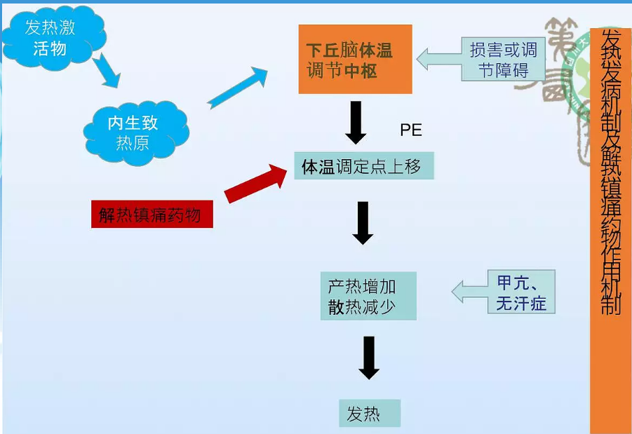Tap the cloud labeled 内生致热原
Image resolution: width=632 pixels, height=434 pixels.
[133, 133]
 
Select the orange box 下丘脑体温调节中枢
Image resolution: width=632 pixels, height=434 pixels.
[355, 60]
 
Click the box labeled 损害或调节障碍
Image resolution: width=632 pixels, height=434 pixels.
[503, 60]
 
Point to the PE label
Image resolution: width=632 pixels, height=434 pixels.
[411, 130]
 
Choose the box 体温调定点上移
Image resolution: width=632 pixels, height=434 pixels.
[363, 166]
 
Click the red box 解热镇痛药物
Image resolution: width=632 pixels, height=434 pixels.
[152, 214]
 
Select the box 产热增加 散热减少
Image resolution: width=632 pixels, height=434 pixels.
[368, 297]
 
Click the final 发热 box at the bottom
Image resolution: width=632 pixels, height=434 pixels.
[369, 414]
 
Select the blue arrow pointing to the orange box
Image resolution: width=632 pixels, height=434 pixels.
[238, 87]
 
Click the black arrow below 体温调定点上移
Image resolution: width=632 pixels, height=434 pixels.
[363, 223]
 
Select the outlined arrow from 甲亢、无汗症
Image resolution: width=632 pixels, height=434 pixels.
[469, 291]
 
